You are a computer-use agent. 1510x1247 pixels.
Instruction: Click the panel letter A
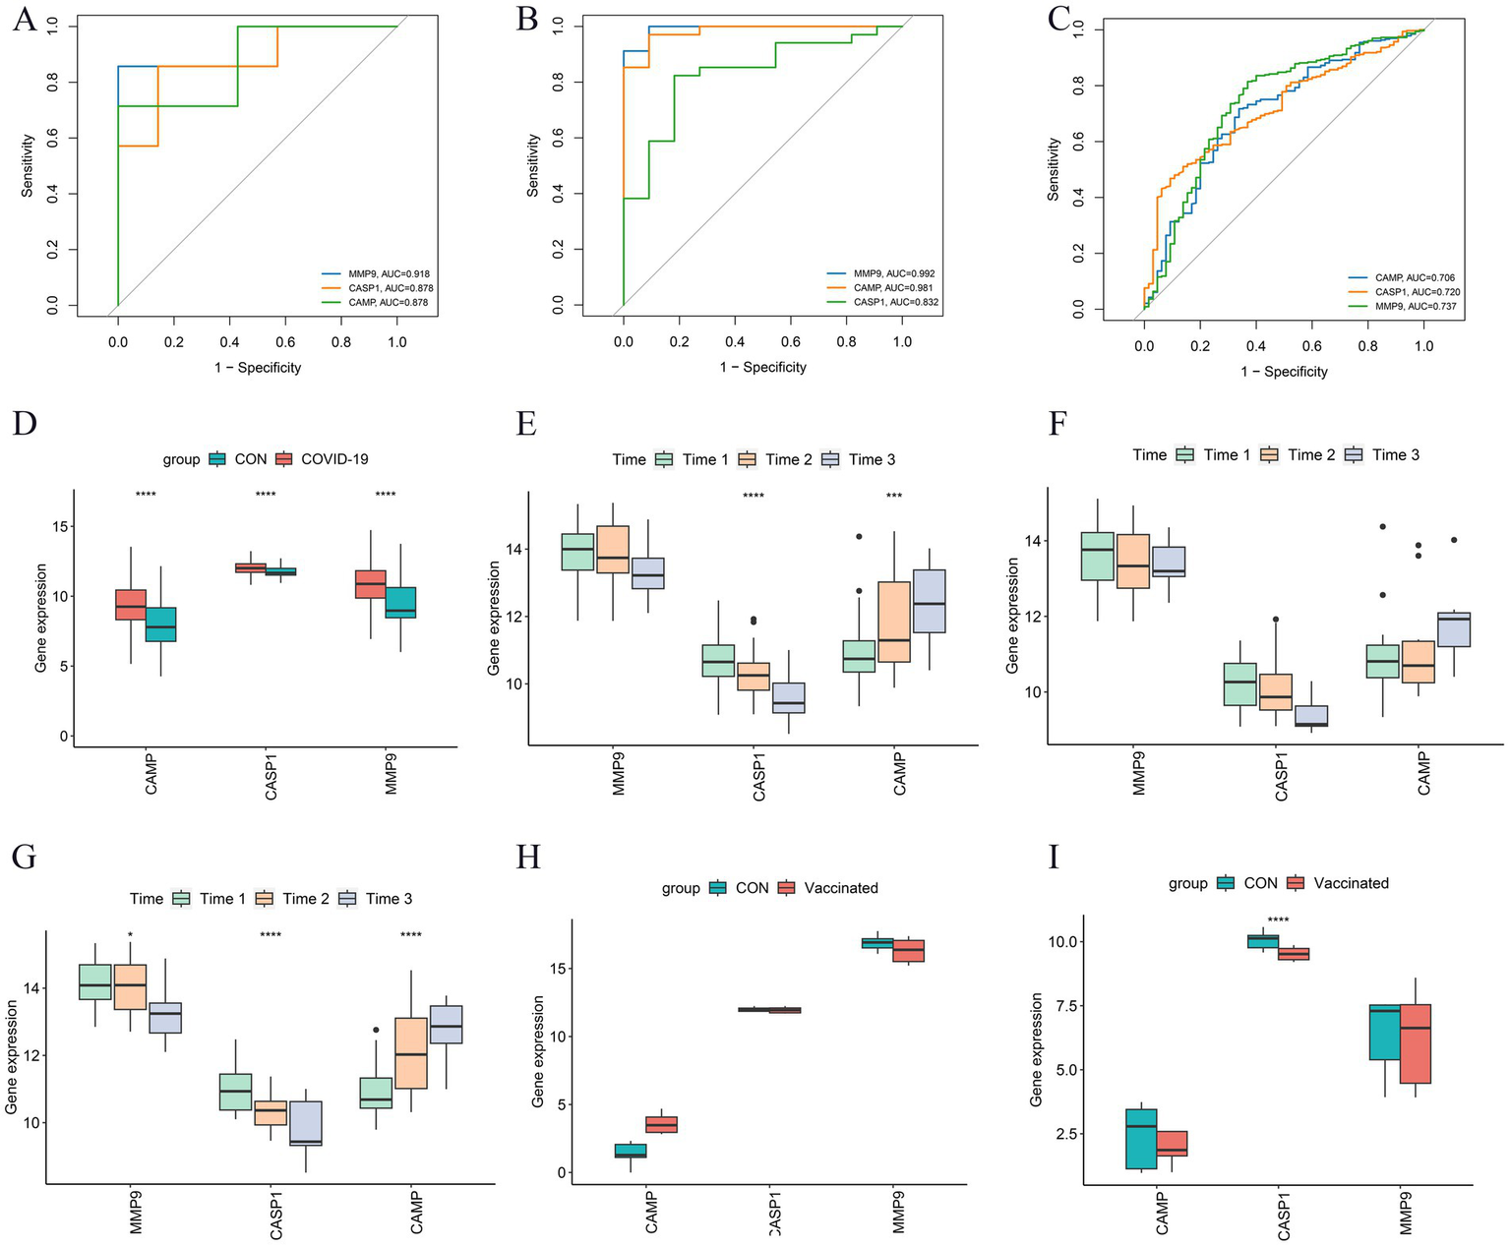[x=24, y=20]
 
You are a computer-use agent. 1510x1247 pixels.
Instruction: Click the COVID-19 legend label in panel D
[x=334, y=459]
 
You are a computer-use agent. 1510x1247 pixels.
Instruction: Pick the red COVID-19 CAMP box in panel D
[x=131, y=605]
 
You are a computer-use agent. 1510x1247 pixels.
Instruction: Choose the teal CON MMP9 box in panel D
[x=401, y=602]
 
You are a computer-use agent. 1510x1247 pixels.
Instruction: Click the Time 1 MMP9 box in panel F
[x=1096, y=556]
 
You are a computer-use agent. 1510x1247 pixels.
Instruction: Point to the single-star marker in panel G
[x=130, y=935]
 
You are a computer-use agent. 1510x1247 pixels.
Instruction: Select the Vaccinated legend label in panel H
[x=841, y=888]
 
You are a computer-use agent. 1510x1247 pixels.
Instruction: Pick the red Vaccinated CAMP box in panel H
[x=660, y=1124]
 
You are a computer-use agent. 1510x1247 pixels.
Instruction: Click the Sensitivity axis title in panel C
[x=1054, y=170]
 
